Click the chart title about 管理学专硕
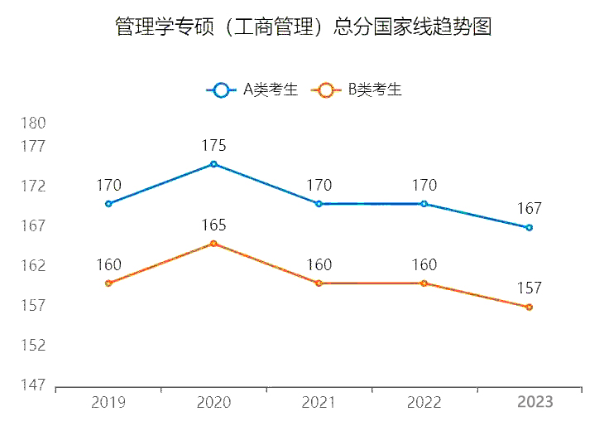[303, 27]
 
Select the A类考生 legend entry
[252, 90]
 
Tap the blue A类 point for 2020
[213, 164]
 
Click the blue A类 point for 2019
[108, 204]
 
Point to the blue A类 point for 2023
[530, 227]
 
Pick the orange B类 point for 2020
[213, 244]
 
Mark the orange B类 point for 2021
[319, 283]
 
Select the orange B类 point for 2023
[530, 308]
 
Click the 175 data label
[213, 146]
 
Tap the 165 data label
[213, 225]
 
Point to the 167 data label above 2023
[530, 209]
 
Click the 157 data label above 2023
[530, 288]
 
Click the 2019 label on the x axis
[108, 403]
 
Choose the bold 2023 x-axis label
[534, 403]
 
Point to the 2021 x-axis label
[319, 403]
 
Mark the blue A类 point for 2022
[424, 204]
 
